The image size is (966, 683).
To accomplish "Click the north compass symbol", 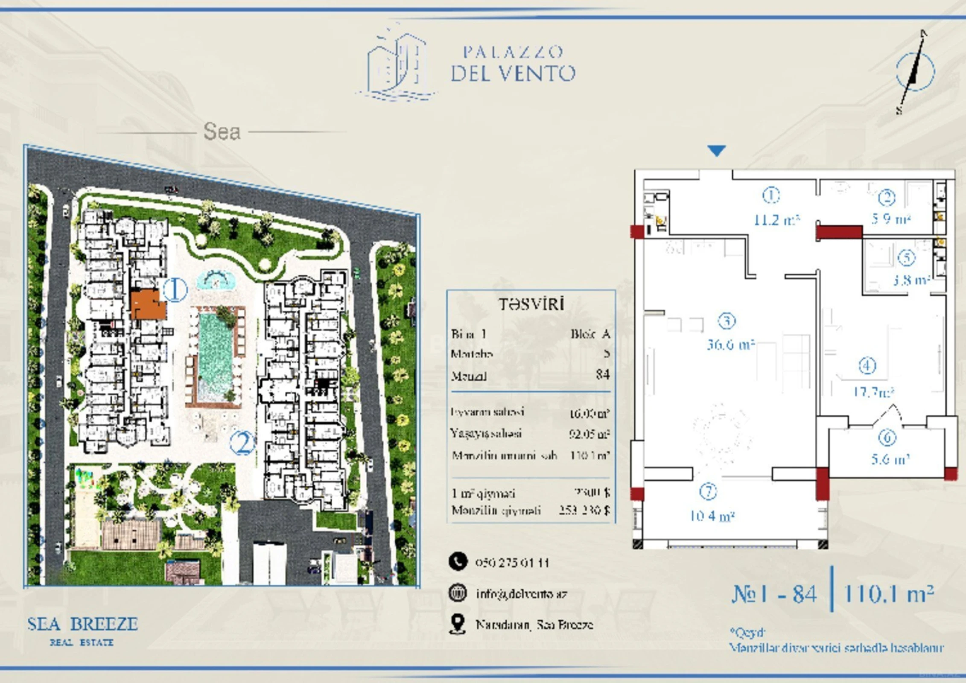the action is click(x=914, y=72).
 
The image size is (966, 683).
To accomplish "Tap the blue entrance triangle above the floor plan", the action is click(x=716, y=150).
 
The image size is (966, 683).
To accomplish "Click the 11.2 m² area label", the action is click(x=776, y=220).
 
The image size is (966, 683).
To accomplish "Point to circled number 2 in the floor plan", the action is click(x=887, y=198).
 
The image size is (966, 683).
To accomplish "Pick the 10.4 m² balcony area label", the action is click(x=712, y=516).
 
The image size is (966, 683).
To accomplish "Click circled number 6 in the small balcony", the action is click(x=887, y=437).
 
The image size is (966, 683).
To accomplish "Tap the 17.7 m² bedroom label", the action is click(x=873, y=391).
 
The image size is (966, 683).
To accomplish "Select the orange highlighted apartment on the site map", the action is click(x=147, y=305).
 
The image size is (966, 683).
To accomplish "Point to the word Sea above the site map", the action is click(x=222, y=131).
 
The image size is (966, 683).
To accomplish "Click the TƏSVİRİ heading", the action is click(x=531, y=304).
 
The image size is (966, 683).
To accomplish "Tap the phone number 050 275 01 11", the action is click(x=512, y=563).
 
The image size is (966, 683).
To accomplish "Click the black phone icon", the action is click(x=458, y=562).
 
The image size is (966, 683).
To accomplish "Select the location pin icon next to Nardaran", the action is click(x=457, y=624).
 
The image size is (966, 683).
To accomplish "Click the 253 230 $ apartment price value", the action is click(x=584, y=510).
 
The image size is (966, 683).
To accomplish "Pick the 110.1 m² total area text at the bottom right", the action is click(x=889, y=593).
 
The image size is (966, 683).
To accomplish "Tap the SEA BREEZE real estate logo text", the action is click(x=82, y=624).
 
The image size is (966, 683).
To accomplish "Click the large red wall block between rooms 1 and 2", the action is click(x=839, y=232).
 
